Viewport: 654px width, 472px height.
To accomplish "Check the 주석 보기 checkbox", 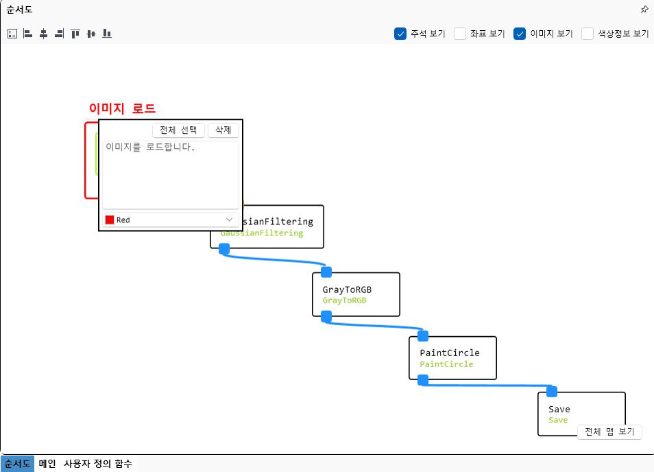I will tap(400, 34).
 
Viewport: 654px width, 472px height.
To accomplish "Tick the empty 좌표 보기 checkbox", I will tap(460, 34).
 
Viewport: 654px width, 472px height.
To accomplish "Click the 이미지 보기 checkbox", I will tap(520, 34).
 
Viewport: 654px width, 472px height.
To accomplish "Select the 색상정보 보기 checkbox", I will tap(588, 34).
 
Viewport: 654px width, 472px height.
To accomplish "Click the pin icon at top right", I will tap(644, 10).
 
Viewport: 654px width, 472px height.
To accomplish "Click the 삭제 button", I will tap(223, 130).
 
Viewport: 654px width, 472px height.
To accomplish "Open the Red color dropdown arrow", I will tap(229, 220).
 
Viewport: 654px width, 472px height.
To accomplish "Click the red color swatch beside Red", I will tap(110, 220).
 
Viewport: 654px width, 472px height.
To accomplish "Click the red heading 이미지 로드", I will tap(122, 108).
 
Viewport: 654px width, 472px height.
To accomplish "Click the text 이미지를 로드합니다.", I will tap(150, 147).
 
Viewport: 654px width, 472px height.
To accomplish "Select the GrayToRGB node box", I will tap(356, 294).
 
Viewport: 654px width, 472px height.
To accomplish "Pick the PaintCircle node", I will tap(453, 357).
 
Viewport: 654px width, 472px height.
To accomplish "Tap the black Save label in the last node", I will tap(559, 409).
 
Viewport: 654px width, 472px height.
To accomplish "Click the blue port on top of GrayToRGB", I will tap(326, 272).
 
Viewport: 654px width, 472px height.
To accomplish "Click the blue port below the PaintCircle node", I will tap(423, 380).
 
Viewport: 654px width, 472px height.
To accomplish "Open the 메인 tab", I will tap(47, 464).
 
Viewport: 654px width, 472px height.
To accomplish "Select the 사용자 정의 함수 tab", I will tap(98, 464).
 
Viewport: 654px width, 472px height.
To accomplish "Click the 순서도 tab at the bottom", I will tap(17, 464).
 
